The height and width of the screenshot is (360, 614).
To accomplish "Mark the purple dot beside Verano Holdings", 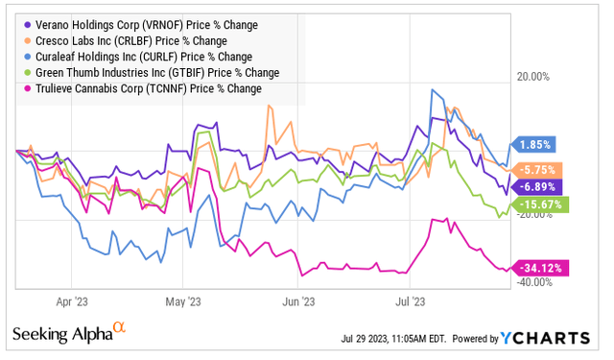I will [24, 23].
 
